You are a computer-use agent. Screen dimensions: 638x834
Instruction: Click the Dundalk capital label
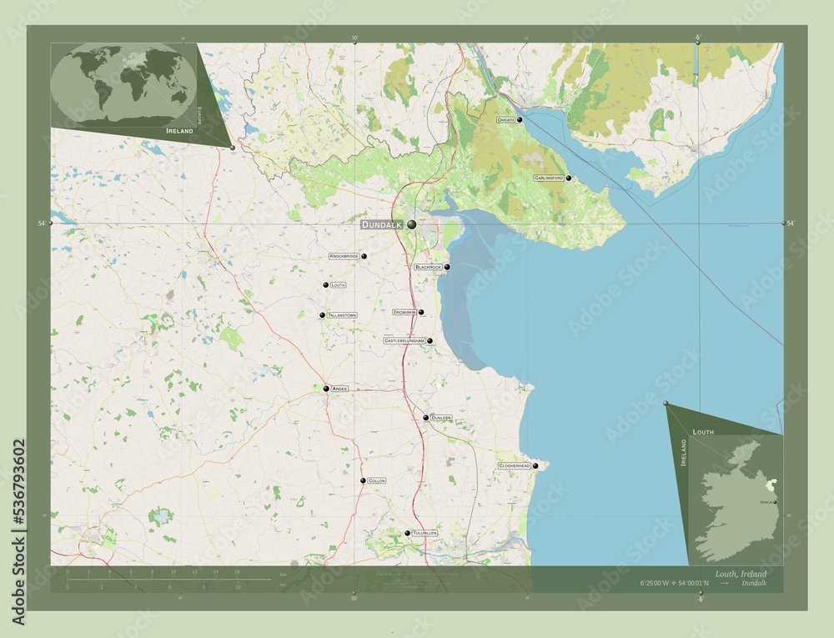click(382, 224)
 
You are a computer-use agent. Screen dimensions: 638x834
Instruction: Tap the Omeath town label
click(505, 120)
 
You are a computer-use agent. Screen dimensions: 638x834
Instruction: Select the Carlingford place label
click(550, 178)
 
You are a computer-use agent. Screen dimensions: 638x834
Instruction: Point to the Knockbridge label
click(344, 256)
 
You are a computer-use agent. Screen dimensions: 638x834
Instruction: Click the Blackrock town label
click(428, 267)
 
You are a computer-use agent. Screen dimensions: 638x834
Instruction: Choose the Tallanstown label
click(342, 315)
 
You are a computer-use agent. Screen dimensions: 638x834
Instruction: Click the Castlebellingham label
click(404, 341)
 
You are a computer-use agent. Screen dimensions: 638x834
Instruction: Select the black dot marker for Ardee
click(326, 389)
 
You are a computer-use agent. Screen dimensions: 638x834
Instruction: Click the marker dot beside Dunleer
click(426, 418)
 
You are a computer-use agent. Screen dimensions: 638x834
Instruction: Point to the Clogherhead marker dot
click(535, 465)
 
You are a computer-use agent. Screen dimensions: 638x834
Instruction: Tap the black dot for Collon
click(363, 480)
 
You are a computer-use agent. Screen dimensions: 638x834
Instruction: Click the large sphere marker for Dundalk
click(412, 224)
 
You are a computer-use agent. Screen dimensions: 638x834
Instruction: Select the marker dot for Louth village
click(326, 285)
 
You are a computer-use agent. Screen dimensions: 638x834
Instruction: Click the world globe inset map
click(123, 84)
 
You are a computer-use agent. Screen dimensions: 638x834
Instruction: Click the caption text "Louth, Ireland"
click(741, 575)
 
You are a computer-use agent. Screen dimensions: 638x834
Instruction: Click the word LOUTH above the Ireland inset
click(703, 433)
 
